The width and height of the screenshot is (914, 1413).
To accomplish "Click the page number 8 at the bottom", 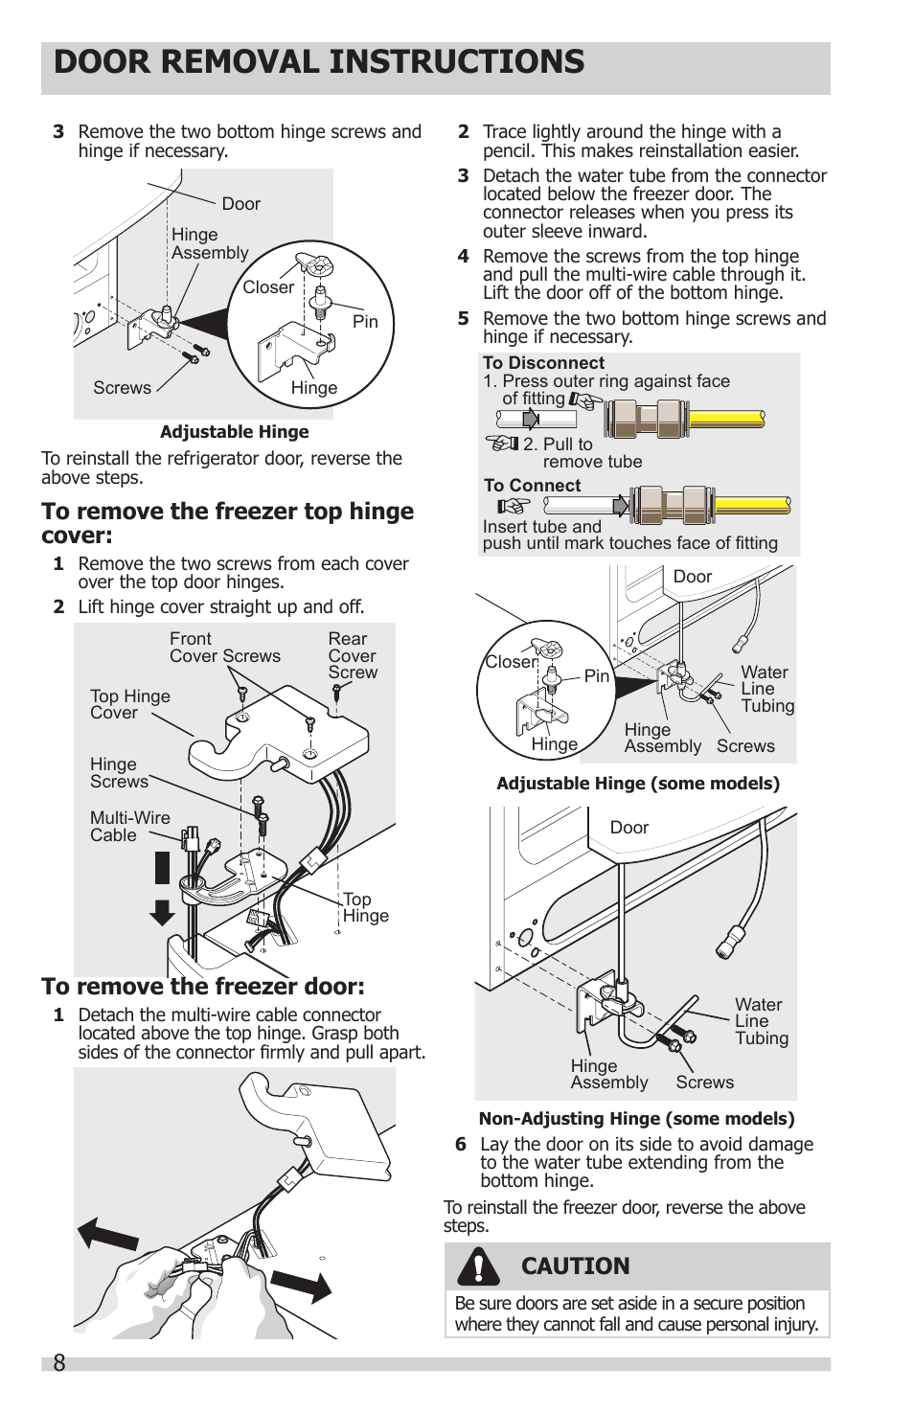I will [x=59, y=1363].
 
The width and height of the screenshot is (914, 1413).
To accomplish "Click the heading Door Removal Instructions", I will [x=319, y=62].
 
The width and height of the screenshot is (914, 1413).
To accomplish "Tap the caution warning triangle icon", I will [x=477, y=1265].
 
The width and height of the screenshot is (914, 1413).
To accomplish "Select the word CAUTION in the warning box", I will [x=575, y=1266].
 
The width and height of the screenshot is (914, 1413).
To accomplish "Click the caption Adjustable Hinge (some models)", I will [x=638, y=784].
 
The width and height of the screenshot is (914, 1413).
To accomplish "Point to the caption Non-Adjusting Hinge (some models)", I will [x=636, y=1118].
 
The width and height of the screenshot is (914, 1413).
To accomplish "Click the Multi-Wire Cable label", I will [x=129, y=827].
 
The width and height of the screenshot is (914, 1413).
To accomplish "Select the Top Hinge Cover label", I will [x=129, y=704].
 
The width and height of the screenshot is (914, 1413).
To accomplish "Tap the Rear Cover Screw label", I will [x=353, y=655].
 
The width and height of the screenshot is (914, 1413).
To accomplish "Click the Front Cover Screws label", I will [x=224, y=648].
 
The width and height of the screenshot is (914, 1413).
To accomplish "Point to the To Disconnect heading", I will [x=543, y=363].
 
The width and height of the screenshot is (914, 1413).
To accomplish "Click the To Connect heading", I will [x=532, y=486].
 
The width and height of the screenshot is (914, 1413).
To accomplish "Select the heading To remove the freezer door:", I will [x=203, y=987].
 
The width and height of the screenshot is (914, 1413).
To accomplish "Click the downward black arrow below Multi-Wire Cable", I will [x=162, y=912].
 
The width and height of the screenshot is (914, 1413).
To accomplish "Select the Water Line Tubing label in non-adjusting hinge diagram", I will [x=761, y=1021].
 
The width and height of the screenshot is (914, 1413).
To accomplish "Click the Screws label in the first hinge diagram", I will [x=122, y=388].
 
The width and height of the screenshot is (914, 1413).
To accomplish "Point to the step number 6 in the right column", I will [x=461, y=1145].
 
